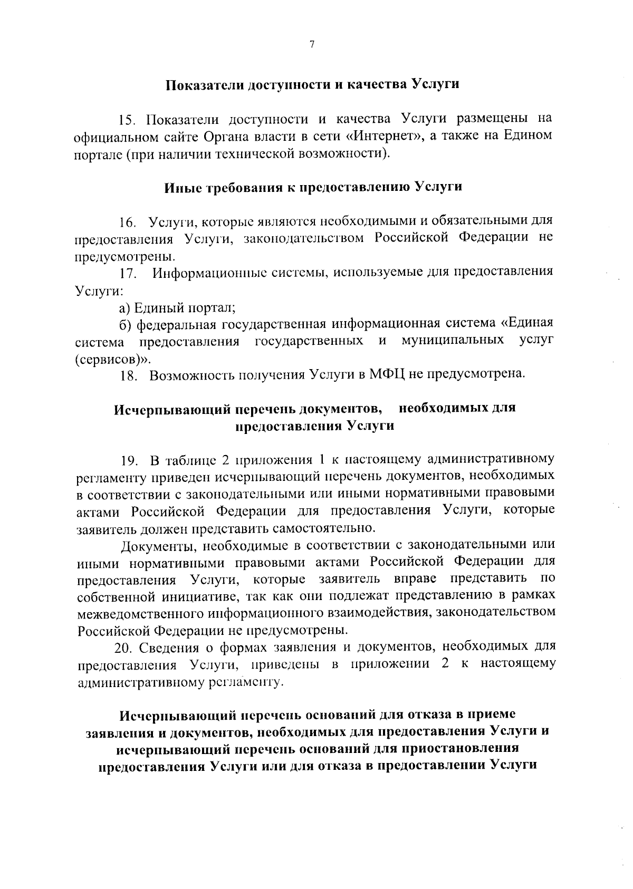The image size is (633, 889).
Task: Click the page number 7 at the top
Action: pyautogui.click(x=312, y=45)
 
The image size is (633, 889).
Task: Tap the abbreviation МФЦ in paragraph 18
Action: pyautogui.click(x=386, y=375)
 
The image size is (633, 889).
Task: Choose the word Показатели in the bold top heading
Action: pyautogui.click(x=204, y=85)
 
